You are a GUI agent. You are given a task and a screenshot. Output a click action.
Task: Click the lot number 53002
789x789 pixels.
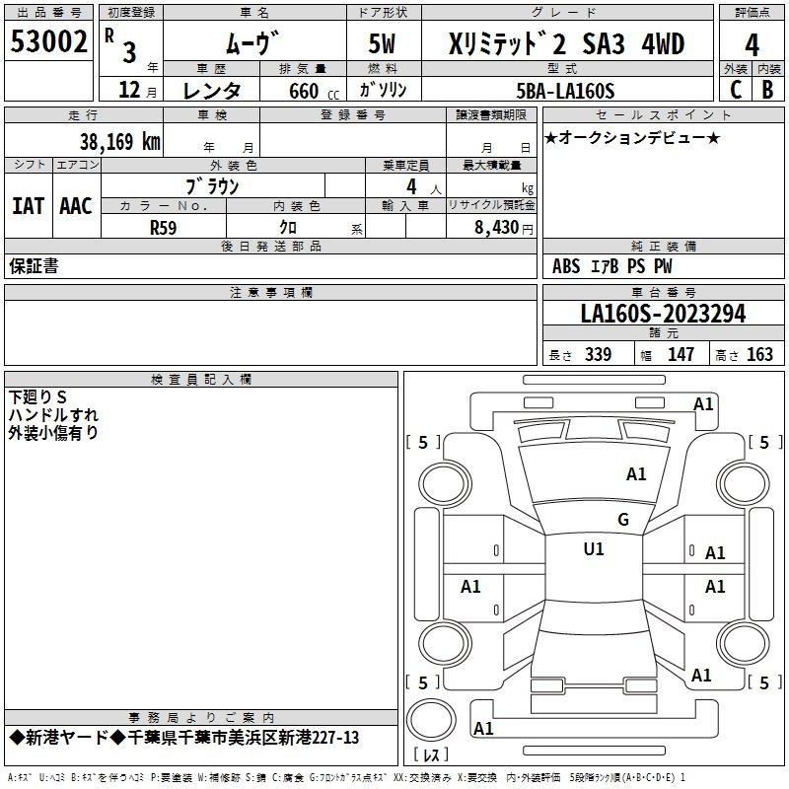coord(48,41)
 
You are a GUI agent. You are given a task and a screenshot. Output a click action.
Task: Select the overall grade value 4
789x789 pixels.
coord(752,45)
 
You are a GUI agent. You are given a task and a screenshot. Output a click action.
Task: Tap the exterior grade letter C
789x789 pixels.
coord(736,90)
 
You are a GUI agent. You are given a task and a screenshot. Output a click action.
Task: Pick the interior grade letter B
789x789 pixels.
coord(767,90)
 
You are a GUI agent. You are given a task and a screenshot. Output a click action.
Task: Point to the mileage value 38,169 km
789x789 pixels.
coord(120,142)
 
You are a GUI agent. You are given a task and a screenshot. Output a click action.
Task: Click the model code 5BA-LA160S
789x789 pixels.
coord(565,91)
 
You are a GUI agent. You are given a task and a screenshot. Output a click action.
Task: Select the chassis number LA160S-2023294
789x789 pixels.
coord(663,314)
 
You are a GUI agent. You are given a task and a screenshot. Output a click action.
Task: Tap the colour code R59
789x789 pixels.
coord(163,228)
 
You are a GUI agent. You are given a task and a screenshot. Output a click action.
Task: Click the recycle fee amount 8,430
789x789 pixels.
coord(496,227)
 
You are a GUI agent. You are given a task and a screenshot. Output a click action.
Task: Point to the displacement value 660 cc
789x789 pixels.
coord(314,91)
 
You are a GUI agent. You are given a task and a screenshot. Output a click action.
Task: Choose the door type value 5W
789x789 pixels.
coord(382,43)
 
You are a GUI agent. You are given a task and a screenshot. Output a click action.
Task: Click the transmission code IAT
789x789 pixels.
coord(29,206)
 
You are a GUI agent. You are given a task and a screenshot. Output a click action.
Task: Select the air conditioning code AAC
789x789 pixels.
coord(76,206)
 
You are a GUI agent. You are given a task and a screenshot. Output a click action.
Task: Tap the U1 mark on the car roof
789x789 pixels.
coord(594,548)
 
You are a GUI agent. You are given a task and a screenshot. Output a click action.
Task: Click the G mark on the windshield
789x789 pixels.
coord(623,519)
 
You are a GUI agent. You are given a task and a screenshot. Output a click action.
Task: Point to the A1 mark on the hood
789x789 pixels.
coord(636,473)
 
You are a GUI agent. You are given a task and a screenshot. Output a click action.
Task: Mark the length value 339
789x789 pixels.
coord(598,354)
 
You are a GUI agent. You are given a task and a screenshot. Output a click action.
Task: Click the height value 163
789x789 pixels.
coord(759,354)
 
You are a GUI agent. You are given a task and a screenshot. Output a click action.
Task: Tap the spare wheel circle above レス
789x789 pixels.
coord(431,720)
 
